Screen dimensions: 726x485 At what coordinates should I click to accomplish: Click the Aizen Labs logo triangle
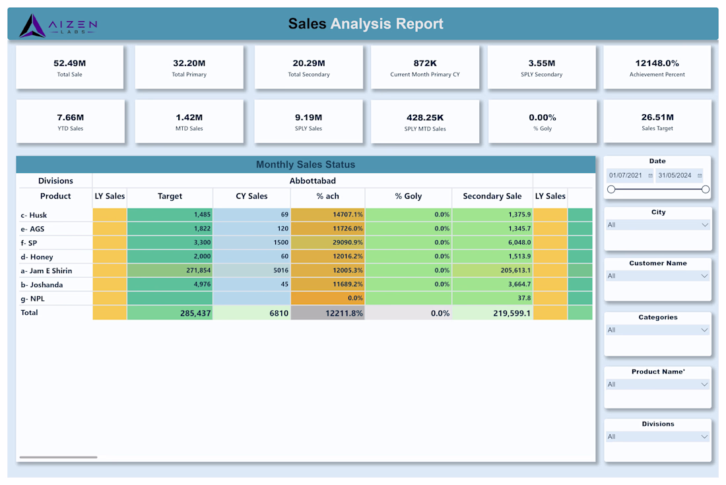[32, 26]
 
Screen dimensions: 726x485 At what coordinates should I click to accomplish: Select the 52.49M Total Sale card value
[69, 63]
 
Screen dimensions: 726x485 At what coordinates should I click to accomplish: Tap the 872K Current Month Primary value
[425, 63]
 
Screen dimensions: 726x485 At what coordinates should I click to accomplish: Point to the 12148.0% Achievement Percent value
[657, 63]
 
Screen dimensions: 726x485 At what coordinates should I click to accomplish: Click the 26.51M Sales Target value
[657, 117]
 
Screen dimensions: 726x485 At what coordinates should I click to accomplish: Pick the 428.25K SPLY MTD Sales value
[425, 117]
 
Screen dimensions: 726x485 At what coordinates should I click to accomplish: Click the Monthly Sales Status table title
[306, 164]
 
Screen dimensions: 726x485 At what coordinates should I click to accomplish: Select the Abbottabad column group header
[313, 181]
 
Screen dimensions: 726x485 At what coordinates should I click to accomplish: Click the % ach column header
[328, 196]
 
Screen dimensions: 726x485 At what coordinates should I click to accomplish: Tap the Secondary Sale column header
[492, 196]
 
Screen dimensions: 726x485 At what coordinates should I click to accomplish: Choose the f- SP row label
[28, 243]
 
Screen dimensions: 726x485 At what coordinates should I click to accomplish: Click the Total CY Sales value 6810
[279, 313]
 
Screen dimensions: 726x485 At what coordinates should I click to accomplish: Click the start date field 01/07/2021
[626, 176]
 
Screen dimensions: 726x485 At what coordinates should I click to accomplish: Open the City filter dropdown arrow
[705, 225]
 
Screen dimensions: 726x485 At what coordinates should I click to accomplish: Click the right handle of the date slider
[705, 189]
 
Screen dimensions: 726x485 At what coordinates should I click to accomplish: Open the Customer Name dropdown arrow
[704, 276]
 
